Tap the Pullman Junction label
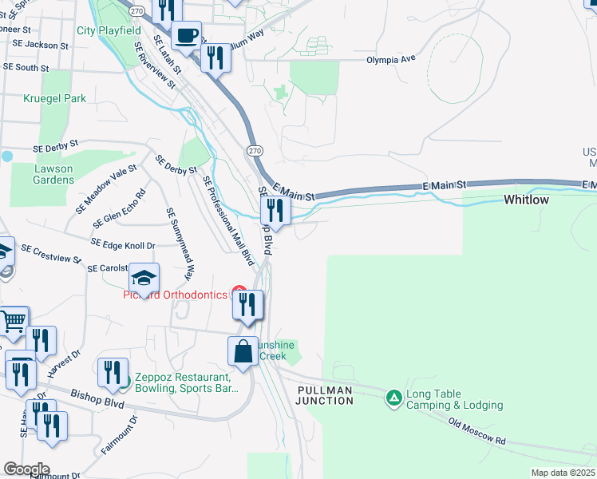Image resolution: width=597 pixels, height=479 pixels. point(325,395)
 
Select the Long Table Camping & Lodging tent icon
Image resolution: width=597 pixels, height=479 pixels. point(393,397)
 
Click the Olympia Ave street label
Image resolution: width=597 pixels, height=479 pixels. point(391,60)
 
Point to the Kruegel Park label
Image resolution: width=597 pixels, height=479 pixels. point(55,98)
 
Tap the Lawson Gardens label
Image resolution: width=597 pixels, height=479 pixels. point(53,174)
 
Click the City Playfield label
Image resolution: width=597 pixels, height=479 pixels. point(109,31)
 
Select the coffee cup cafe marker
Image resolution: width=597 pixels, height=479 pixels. point(186,35)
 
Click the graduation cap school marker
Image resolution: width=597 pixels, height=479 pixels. point(144,278)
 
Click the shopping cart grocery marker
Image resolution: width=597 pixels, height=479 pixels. point(14,322)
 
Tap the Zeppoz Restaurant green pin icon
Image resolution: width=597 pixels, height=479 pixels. point(121,384)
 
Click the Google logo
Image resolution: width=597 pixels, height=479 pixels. point(26,469)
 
